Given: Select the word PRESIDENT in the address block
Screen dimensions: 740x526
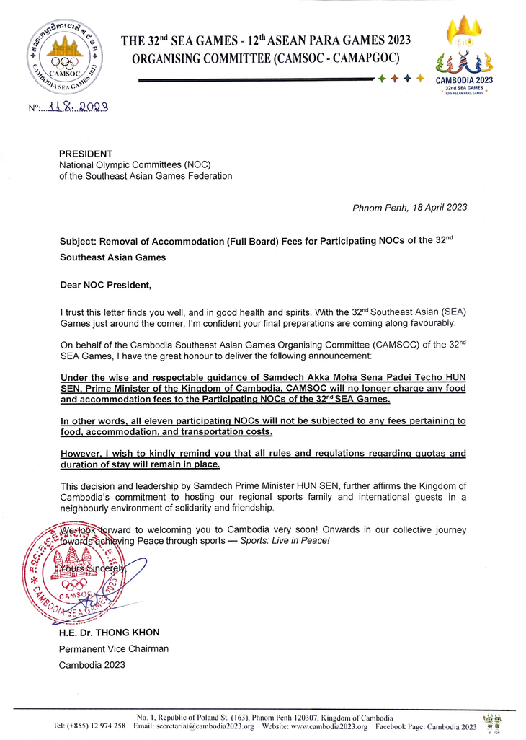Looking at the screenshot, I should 86,154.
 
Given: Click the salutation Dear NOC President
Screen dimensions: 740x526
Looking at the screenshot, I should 106,285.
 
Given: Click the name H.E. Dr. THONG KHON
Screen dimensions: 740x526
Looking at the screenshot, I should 109,633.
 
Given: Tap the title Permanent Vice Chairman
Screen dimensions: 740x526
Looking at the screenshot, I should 114,648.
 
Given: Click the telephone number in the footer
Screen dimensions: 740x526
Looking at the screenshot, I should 91,727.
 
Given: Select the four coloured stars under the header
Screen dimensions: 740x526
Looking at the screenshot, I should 401,78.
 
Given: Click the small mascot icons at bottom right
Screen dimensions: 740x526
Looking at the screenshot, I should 494,723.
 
